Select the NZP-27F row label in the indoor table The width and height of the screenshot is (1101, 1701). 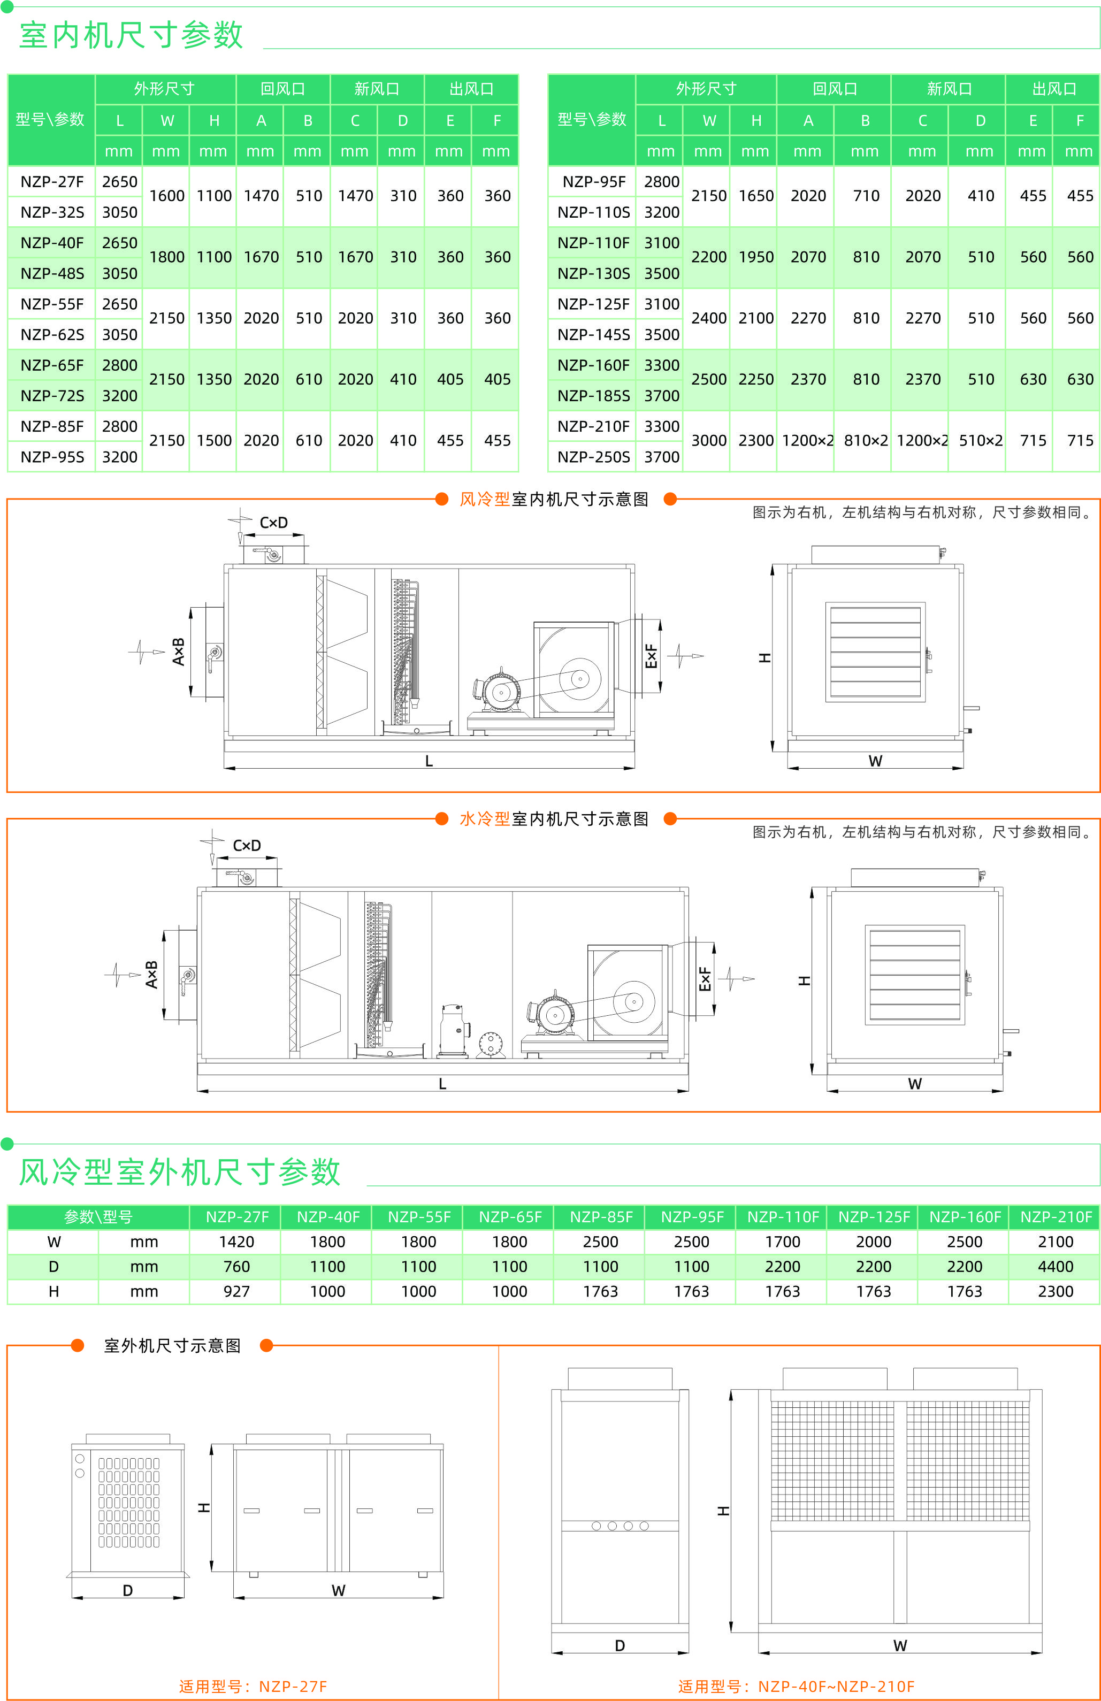[51, 181]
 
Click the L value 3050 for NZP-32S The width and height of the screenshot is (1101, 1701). [119, 212]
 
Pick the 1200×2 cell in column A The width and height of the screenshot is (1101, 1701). [807, 441]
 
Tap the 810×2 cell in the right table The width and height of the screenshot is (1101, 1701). [865, 441]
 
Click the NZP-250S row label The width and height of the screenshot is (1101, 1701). [593, 457]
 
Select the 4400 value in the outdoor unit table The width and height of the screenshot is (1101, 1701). [1055, 1267]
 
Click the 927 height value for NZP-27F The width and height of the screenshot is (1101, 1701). [236, 1291]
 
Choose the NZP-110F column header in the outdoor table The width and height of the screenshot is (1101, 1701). [783, 1216]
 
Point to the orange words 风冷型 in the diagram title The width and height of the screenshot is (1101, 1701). [484, 499]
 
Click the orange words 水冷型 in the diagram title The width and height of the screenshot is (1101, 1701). [484, 818]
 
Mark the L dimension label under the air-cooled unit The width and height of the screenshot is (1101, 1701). [429, 761]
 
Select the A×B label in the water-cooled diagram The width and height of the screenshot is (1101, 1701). [151, 974]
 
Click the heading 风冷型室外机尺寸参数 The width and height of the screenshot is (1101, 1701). [179, 1172]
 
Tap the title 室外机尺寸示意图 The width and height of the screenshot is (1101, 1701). [172, 1346]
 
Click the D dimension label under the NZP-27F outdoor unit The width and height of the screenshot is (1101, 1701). [127, 1590]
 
